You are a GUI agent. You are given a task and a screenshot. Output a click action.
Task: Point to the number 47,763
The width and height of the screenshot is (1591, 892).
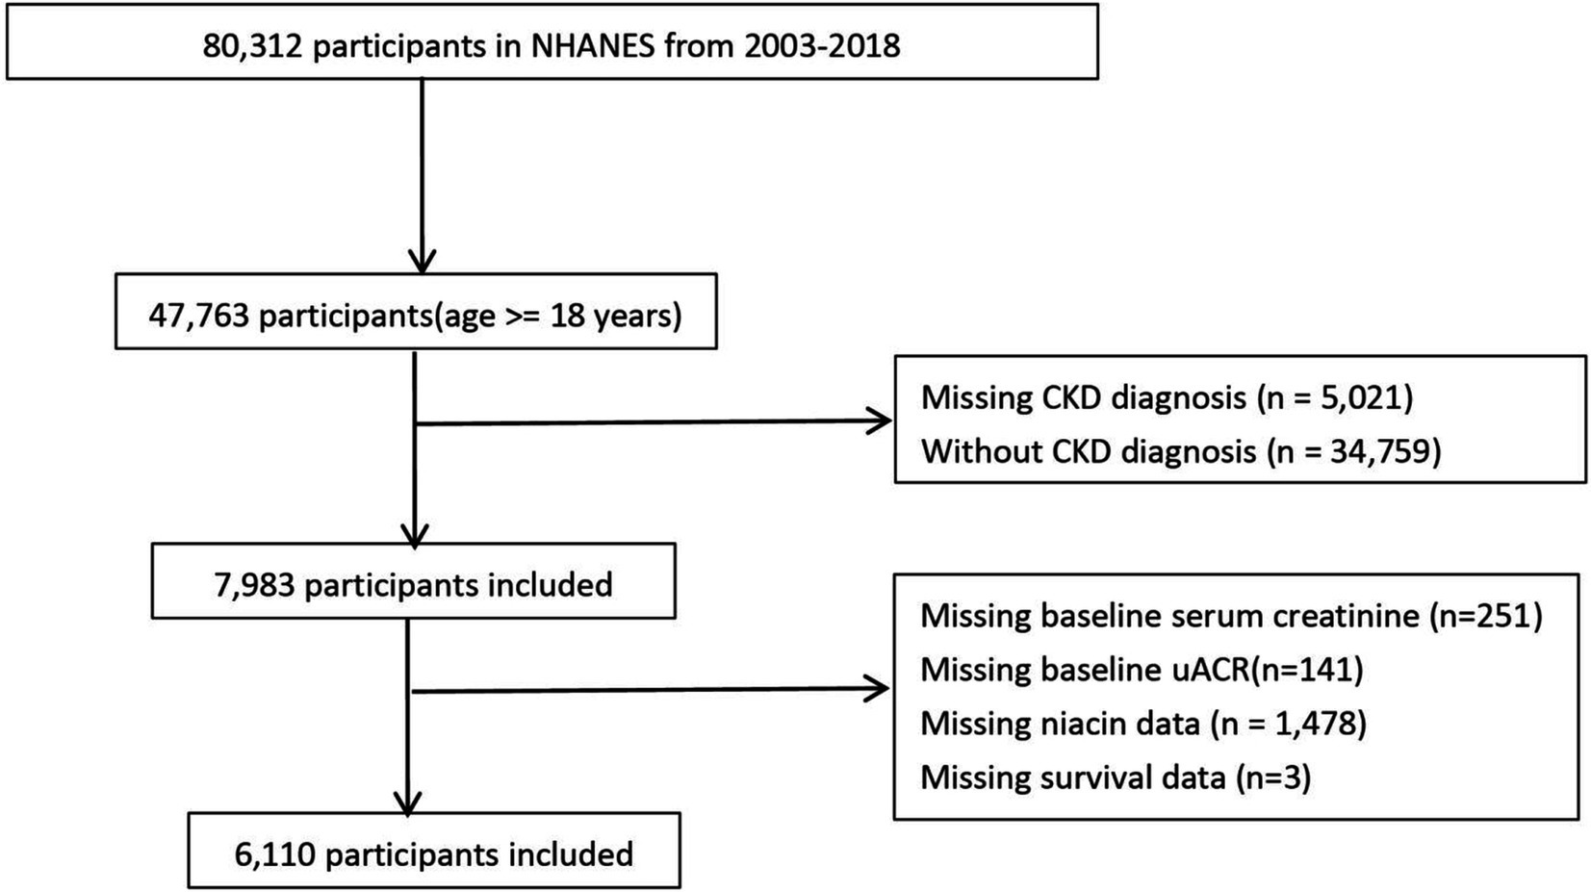(199, 316)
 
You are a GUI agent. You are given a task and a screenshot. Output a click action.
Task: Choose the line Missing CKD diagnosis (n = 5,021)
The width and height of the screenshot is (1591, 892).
(1167, 397)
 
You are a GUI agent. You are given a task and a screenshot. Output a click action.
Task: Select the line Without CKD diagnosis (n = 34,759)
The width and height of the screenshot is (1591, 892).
(1181, 451)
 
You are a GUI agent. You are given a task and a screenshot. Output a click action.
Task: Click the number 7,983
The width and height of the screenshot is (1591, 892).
(254, 585)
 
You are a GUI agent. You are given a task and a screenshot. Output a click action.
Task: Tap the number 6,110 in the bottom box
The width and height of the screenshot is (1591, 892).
(275, 854)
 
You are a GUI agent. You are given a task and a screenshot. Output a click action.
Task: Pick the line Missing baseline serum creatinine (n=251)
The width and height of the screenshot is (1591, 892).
(1232, 616)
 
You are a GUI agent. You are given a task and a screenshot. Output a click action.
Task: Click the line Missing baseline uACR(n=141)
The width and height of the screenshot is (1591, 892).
(1142, 670)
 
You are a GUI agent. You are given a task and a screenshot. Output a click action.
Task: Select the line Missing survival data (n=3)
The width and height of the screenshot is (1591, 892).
(1116, 777)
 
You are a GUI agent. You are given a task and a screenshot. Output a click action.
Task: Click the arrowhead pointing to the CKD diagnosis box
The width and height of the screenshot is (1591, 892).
(880, 421)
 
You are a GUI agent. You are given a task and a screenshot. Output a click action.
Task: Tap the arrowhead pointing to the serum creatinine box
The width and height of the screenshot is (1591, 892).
(877, 688)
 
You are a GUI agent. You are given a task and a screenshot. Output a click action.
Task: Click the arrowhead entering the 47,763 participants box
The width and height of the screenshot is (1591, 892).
(423, 261)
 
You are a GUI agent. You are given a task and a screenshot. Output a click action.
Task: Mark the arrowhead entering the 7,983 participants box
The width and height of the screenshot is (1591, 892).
(415, 535)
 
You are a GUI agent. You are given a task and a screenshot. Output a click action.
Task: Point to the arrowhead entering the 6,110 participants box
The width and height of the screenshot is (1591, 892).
(408, 804)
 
